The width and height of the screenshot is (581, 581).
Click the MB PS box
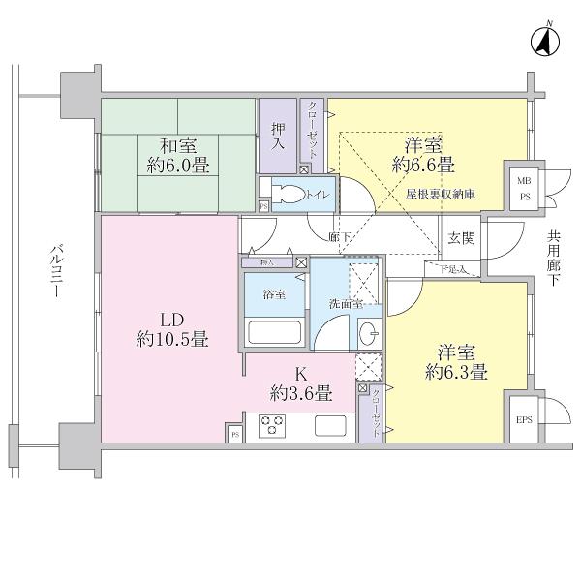(523, 188)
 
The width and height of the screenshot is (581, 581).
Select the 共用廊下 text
(553, 256)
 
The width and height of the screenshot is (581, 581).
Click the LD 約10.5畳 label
(172, 330)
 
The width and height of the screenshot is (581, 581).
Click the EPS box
(524, 420)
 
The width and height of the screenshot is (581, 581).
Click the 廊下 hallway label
(338, 236)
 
